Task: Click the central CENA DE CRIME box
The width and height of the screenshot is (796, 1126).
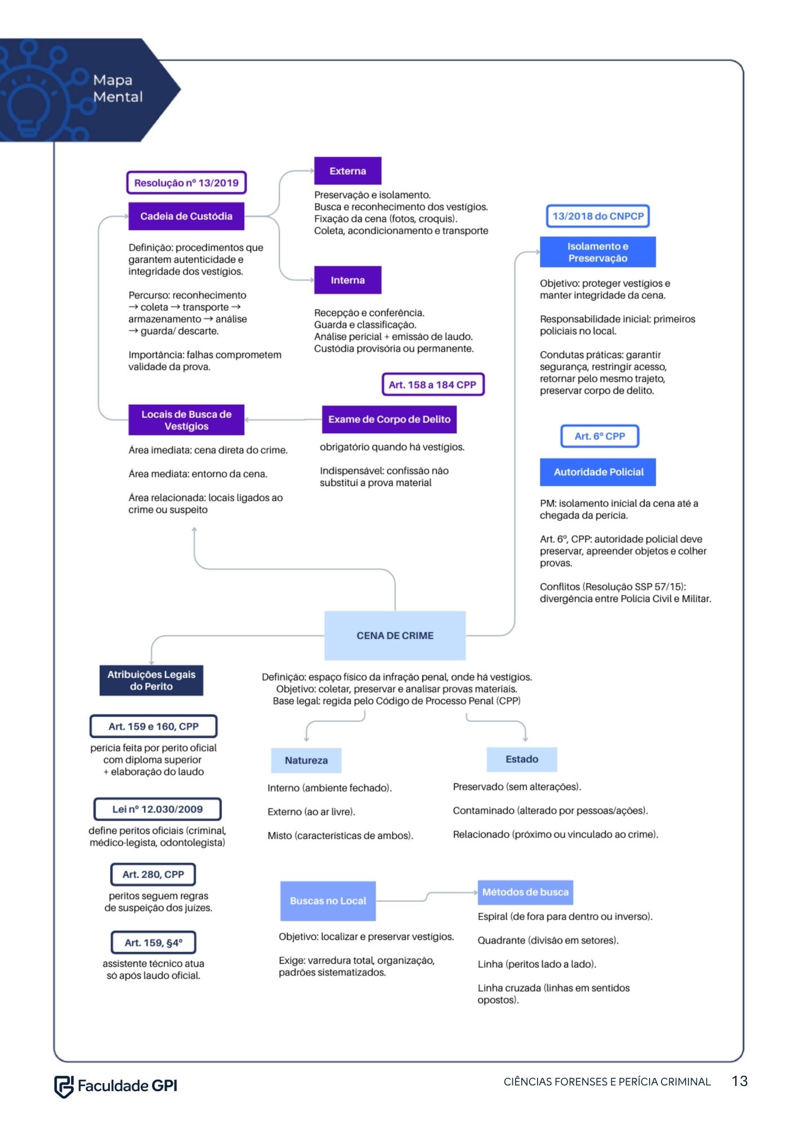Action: click(x=395, y=635)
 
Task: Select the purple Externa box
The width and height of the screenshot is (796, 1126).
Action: click(x=347, y=171)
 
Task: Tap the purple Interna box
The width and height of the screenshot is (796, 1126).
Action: click(x=347, y=280)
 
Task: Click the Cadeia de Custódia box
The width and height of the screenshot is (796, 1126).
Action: click(x=186, y=216)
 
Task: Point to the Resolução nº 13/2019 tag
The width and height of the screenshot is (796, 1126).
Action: click(x=186, y=182)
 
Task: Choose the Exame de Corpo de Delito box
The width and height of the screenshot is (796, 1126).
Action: click(x=389, y=419)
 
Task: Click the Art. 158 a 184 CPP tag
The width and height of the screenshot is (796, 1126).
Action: click(x=432, y=385)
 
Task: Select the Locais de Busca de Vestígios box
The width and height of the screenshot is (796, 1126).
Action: click(x=186, y=420)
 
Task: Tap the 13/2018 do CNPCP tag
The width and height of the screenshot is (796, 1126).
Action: click(x=598, y=216)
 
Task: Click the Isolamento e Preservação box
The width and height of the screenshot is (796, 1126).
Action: click(x=598, y=252)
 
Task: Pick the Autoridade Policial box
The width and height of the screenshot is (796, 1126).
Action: click(x=598, y=472)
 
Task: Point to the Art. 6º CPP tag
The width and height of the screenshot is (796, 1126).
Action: click(x=600, y=436)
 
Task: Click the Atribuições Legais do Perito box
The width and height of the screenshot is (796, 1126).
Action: click(x=151, y=680)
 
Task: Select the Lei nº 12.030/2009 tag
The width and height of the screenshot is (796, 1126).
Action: click(x=157, y=809)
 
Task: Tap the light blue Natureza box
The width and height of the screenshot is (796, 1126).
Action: click(x=306, y=760)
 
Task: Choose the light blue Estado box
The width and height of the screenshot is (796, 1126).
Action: click(x=522, y=759)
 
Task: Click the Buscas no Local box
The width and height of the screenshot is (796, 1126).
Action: click(x=328, y=901)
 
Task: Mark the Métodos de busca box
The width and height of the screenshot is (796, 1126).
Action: click(x=525, y=892)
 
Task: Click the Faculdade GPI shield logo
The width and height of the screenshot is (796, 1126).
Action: click(x=64, y=1086)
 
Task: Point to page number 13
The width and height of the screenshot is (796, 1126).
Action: click(x=740, y=1081)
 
